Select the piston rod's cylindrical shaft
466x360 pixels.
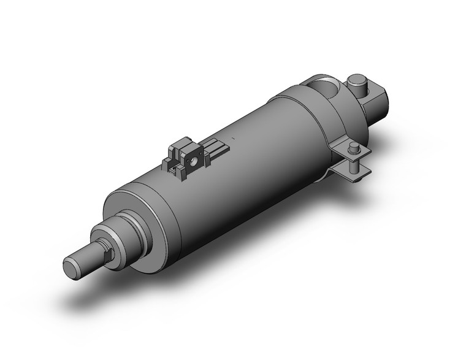(88, 257)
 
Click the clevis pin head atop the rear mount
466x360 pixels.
(356, 80)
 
